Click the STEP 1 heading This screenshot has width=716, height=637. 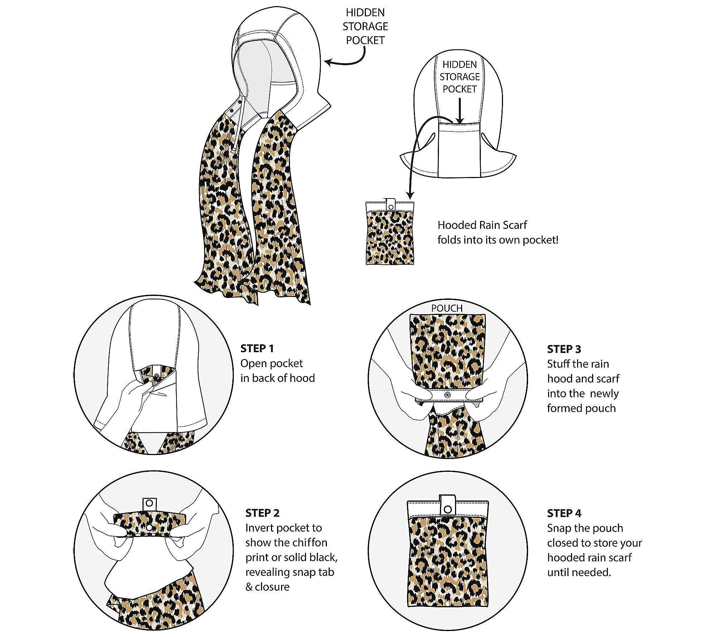257,348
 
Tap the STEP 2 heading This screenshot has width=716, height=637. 262,513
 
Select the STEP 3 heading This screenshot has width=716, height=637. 564,349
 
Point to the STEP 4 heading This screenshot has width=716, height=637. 564,513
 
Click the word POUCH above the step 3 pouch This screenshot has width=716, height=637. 447,308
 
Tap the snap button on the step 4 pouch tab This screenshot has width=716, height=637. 447,509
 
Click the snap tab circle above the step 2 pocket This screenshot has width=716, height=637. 149,503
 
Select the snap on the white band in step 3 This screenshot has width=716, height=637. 447,395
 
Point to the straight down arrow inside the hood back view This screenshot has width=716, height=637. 460,111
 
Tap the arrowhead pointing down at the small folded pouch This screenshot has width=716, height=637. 410,196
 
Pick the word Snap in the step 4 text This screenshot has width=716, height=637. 558,528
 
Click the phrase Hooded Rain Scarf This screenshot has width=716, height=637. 482,225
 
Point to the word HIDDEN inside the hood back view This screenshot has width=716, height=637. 460,64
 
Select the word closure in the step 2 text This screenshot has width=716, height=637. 272,587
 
